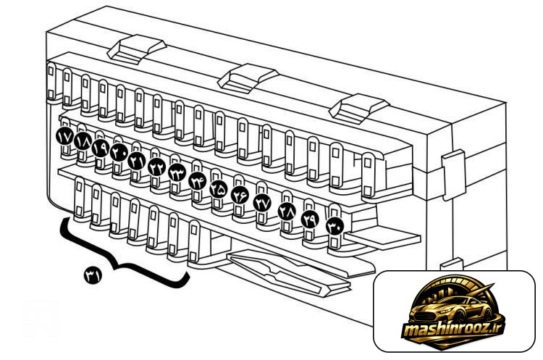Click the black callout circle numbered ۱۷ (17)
click(x=64, y=136)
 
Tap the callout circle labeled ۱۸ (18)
click(x=83, y=141)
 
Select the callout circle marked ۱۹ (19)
click(x=101, y=148)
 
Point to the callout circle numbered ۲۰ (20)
click(x=119, y=152)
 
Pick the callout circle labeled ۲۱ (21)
click(x=136, y=161)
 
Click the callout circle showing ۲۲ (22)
click(x=157, y=167)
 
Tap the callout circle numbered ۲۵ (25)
click(x=219, y=189)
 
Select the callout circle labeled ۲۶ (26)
click(x=240, y=195)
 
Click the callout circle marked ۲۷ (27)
click(x=262, y=203)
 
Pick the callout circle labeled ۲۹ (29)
click(x=310, y=219)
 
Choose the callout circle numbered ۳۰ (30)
click(x=335, y=226)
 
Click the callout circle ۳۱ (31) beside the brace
click(x=93, y=275)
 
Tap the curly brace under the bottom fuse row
click(x=121, y=266)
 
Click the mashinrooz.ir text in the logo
click(x=453, y=328)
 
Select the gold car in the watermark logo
click(x=450, y=309)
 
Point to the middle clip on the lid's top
click(x=248, y=78)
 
